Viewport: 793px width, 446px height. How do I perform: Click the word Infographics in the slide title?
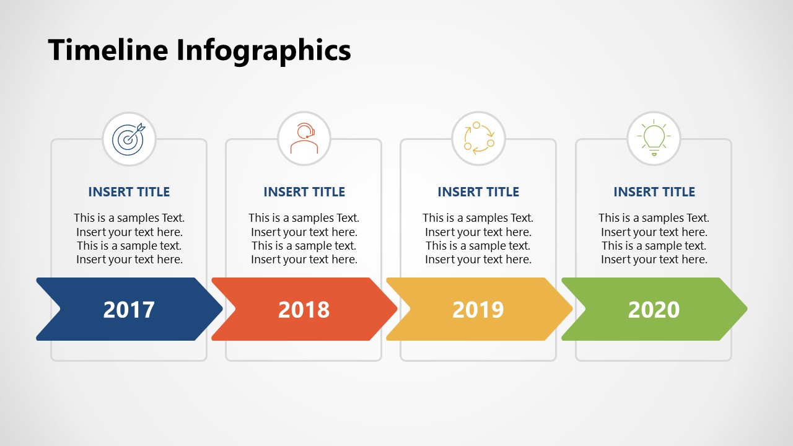coord(263,51)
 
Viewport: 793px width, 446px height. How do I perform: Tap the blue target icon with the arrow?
coord(128,139)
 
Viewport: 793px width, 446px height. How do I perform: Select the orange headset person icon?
coord(304,139)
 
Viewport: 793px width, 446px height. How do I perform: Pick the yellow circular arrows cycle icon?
coord(478,139)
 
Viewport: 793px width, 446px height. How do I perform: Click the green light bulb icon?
coord(654,139)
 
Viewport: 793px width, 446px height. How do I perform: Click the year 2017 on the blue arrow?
coord(129,309)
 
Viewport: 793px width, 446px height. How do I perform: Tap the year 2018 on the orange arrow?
coord(304,309)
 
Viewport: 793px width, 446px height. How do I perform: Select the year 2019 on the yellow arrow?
coord(478,309)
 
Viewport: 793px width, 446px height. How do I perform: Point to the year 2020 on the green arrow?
coord(654,309)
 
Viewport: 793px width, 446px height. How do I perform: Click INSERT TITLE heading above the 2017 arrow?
coord(129,192)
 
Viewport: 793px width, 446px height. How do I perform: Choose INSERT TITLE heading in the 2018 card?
coord(304,192)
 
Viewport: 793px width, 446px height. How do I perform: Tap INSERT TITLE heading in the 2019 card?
coord(478,192)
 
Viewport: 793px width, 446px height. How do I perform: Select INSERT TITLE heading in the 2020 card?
coord(654,192)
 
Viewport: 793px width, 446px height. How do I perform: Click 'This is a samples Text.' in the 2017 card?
coord(129,218)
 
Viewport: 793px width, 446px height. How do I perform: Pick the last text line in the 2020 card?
coord(654,260)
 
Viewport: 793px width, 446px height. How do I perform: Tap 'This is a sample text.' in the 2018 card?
coord(304,246)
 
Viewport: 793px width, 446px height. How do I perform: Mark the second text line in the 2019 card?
coord(478,232)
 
